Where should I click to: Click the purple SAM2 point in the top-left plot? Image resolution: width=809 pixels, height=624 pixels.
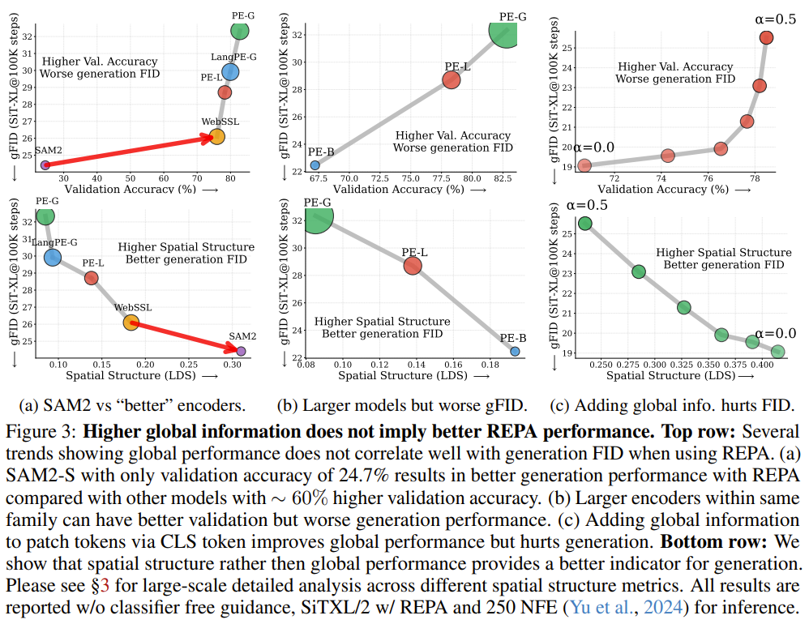[x=45, y=165]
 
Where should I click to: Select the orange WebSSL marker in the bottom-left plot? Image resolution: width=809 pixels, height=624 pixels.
[x=131, y=323]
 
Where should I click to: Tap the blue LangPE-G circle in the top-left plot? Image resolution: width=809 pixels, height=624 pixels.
[x=230, y=71]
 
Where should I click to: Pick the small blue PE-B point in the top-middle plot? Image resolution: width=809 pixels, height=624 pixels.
[x=315, y=165]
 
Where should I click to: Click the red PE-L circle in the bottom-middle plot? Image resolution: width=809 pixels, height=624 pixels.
[x=413, y=266]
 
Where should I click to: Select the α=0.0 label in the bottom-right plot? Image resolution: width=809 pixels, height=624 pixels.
[x=776, y=333]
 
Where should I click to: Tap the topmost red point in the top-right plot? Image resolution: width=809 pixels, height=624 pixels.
[x=766, y=37]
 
